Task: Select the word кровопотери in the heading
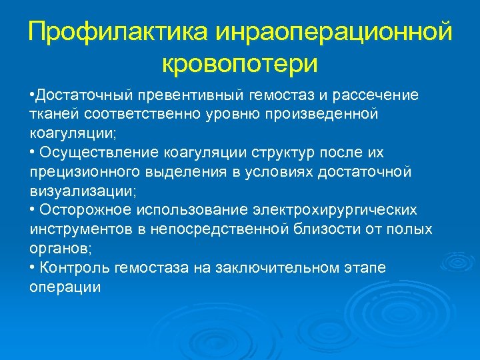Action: (x=240, y=64)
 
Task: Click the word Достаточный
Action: (x=84, y=95)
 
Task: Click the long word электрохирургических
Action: (x=341, y=211)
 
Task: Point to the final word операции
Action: (x=65, y=287)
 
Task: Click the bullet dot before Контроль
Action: (x=33, y=268)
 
